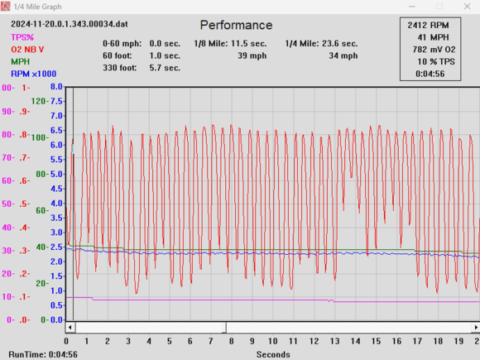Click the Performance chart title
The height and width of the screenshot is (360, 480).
(x=236, y=25)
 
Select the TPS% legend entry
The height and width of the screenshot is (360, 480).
(x=22, y=37)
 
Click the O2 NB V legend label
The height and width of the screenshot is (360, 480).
(x=27, y=50)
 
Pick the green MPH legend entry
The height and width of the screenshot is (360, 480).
(x=20, y=62)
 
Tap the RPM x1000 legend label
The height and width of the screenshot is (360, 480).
(x=34, y=74)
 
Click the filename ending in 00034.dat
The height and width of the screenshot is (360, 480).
(x=70, y=24)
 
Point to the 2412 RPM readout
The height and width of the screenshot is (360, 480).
(x=428, y=25)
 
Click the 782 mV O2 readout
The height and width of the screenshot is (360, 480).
(x=434, y=50)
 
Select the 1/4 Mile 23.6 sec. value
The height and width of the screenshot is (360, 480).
(x=340, y=44)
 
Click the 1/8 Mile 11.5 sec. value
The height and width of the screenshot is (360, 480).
(x=248, y=44)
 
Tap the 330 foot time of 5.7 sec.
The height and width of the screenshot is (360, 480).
(x=165, y=68)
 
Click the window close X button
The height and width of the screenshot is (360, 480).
(x=467, y=7)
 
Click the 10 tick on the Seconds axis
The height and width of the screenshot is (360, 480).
(x=273, y=341)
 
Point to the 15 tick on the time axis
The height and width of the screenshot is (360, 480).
(x=377, y=341)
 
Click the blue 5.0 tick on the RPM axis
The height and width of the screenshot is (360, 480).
(x=56, y=174)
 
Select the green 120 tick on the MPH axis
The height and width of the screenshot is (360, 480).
(x=38, y=101)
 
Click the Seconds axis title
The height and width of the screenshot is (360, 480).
(x=273, y=354)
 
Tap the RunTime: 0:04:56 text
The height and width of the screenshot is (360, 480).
(x=43, y=354)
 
